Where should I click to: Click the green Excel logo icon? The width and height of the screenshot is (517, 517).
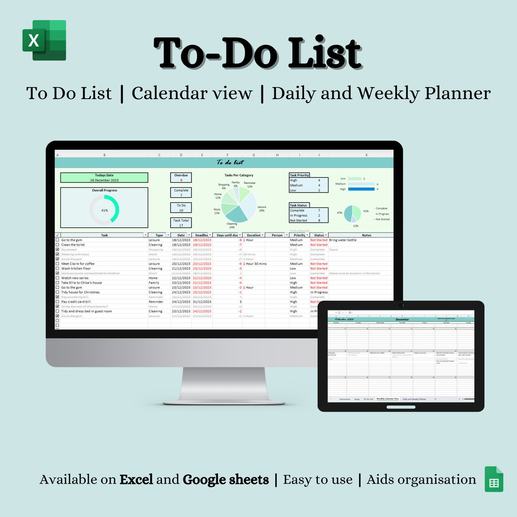tap(44, 40)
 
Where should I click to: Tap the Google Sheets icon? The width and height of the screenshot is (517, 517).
tap(494, 479)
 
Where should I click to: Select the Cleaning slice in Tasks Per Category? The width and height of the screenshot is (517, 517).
tap(235, 214)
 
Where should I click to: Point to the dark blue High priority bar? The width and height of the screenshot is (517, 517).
tap(361, 189)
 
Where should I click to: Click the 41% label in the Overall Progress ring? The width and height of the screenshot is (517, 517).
tap(104, 210)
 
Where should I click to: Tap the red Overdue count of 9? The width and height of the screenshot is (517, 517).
tap(181, 180)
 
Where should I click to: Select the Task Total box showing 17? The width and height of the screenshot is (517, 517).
tap(181, 223)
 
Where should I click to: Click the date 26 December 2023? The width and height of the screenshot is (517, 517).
tap(104, 180)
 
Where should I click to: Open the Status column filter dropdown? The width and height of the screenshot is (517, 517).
tap(326, 236)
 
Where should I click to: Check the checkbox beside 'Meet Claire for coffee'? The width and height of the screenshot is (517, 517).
tap(57, 264)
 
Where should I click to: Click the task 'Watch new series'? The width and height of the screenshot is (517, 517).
tap(75, 278)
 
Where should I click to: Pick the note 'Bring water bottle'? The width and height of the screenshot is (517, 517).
tap(343, 240)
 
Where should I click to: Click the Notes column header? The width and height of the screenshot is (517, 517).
tap(366, 236)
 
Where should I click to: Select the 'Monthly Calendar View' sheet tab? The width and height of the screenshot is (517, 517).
tap(387, 399)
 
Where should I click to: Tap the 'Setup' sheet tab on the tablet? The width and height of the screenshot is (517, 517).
tap(357, 399)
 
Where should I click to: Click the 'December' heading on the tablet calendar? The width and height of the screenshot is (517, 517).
tap(402, 319)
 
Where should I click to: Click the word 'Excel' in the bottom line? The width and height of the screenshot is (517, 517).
tap(136, 480)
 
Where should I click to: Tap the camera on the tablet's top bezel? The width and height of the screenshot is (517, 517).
tap(401, 305)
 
